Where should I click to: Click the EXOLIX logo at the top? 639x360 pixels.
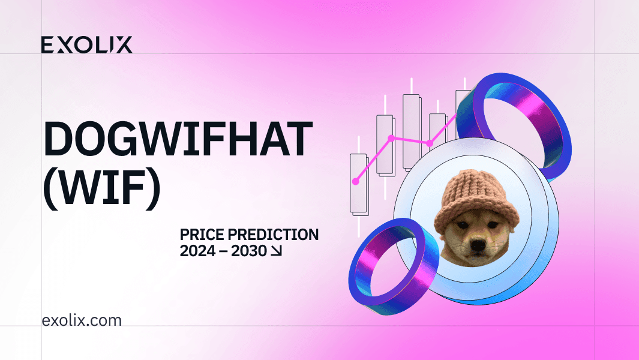[x=86, y=44]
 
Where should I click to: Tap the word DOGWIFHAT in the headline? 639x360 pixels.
[x=178, y=139]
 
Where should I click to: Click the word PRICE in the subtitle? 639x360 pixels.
[x=202, y=235]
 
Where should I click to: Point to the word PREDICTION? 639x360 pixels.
[x=273, y=235]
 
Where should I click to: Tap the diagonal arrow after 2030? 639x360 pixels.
[x=277, y=251]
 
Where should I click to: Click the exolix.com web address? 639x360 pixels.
[x=82, y=320]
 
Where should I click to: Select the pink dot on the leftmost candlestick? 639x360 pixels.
[x=355, y=181]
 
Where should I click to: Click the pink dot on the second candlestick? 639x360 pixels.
[x=392, y=138]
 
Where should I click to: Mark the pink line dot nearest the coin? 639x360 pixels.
[x=429, y=143]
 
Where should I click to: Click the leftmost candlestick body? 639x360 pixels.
[x=359, y=184]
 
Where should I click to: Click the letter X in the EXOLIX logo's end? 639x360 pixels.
[x=124, y=45]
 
